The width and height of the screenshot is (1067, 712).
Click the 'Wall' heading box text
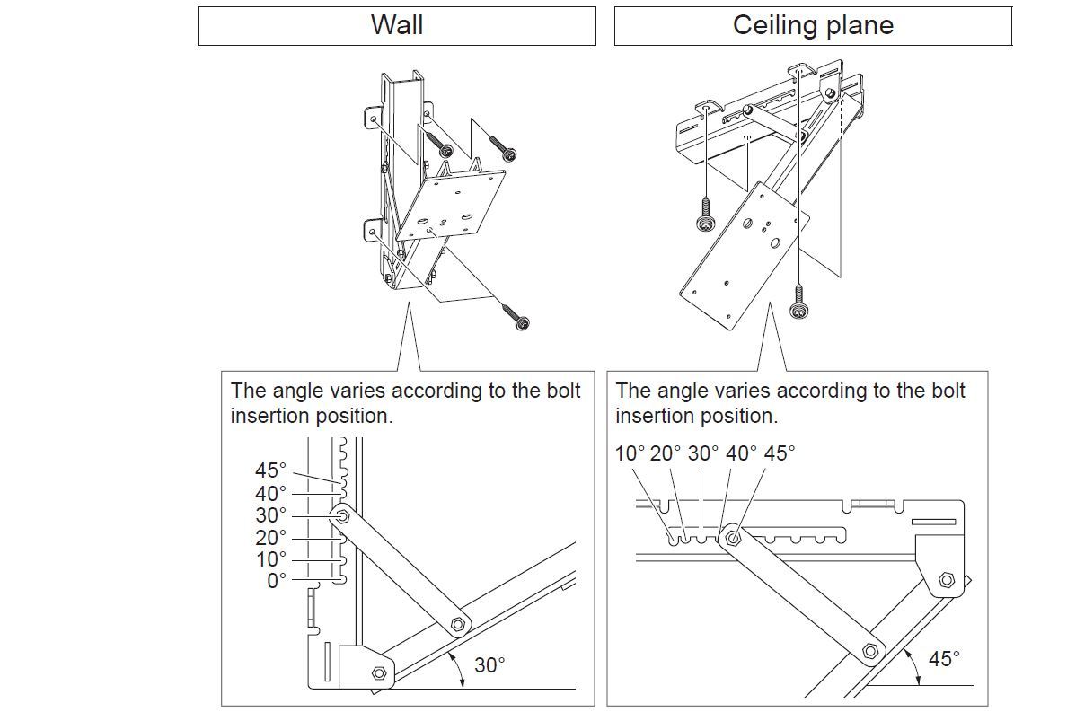(x=397, y=25)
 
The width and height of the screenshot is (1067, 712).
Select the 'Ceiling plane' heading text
(x=813, y=25)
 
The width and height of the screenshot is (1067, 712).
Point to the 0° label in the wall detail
(x=277, y=581)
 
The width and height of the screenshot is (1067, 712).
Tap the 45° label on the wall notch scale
(x=270, y=470)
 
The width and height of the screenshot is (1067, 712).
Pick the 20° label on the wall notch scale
(x=270, y=537)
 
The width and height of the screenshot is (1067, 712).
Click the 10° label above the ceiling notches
(x=630, y=453)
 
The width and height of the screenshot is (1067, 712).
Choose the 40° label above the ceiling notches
(x=741, y=453)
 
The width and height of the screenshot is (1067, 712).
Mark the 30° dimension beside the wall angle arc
(x=489, y=665)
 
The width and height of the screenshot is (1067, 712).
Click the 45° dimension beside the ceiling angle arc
(x=944, y=659)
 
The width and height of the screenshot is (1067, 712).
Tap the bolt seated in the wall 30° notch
(x=343, y=516)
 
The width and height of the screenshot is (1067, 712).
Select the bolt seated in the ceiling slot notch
(x=732, y=539)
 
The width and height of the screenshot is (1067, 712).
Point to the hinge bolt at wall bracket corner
(x=378, y=672)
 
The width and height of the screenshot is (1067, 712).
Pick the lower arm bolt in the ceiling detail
(x=869, y=650)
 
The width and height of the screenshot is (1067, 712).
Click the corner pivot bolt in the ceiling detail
(x=946, y=580)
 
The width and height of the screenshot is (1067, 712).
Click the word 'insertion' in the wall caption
(x=269, y=417)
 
